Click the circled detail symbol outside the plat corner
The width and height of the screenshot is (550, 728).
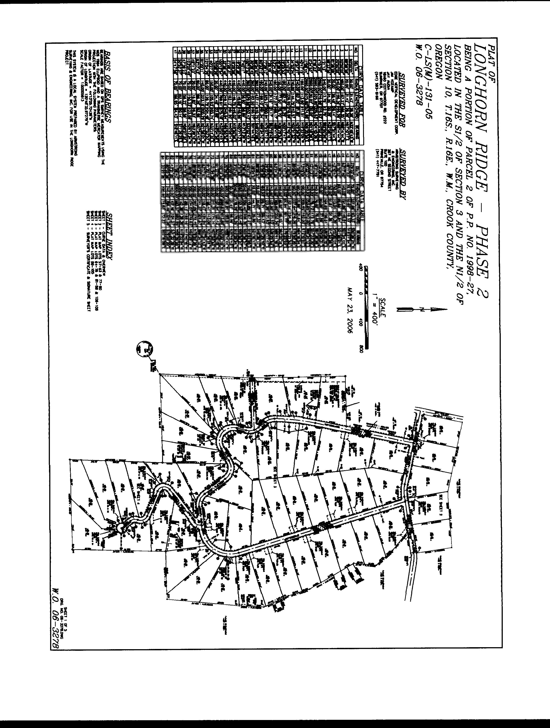point(145,349)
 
